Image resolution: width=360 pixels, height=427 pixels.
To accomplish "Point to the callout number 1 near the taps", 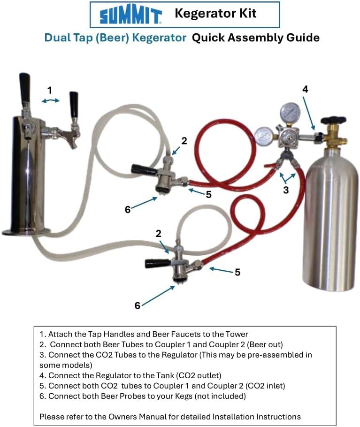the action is (49, 90).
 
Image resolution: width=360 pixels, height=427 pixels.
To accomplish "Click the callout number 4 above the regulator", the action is (305, 89).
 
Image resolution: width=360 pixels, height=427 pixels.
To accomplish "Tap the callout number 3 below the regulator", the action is (286, 190).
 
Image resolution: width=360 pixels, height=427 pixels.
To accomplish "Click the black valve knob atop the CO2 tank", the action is (333, 120).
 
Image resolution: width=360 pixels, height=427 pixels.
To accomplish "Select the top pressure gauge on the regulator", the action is (290, 112).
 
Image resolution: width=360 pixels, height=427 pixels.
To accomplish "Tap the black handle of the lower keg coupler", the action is (158, 263).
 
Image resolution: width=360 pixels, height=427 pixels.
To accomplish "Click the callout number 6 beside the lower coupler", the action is (138, 305).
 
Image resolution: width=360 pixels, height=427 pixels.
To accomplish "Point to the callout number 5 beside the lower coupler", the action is (237, 272).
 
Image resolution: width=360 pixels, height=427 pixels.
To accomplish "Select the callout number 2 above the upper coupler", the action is (184, 141).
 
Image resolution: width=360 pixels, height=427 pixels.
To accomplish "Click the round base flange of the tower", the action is (26, 232).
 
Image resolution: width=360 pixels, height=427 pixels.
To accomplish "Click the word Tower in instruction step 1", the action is (236, 334).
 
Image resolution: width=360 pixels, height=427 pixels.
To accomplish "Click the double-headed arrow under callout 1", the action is (51, 100).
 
